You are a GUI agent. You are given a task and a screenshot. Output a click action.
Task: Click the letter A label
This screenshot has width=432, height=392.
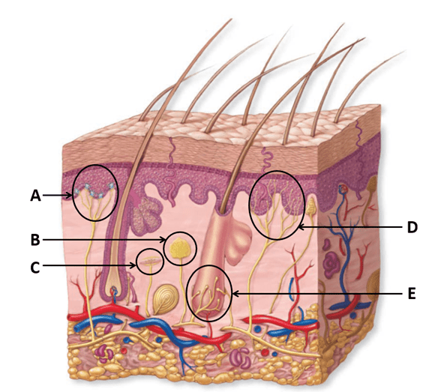click(35, 196)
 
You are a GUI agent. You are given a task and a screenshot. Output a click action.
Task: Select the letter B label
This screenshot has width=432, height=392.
click(35, 240)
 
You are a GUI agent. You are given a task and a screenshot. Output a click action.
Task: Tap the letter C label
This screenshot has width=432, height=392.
click(35, 268)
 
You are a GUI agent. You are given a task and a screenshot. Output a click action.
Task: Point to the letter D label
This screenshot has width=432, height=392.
click(412, 227)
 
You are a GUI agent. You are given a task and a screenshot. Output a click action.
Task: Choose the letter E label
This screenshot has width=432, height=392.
click(411, 294)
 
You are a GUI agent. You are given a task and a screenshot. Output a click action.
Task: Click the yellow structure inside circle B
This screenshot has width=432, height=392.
click(180, 248)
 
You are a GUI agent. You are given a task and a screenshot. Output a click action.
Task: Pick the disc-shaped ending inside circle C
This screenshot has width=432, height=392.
click(151, 261)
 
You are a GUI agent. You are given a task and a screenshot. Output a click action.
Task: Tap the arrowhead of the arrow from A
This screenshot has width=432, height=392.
click(70, 196)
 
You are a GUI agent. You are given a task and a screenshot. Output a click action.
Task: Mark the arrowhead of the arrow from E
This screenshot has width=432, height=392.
click(235, 294)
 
